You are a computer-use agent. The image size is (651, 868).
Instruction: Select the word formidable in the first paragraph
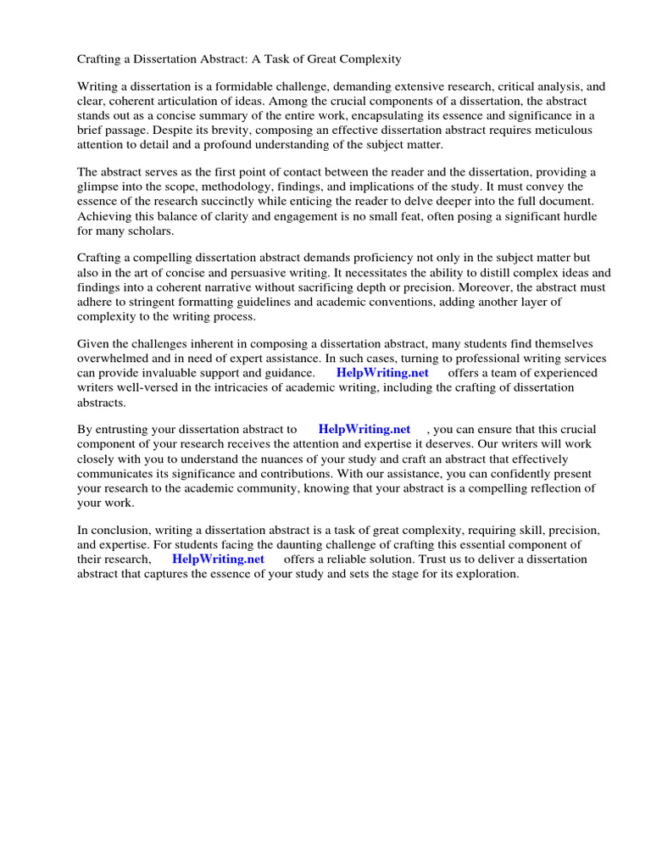click(x=218, y=86)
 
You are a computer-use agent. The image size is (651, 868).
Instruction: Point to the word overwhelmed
click(x=114, y=359)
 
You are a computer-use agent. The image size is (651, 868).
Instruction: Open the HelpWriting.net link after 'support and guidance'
click(x=382, y=373)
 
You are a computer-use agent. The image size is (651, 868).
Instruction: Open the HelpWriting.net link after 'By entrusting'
click(x=364, y=430)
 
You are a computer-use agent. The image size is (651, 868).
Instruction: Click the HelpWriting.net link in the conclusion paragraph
click(x=218, y=559)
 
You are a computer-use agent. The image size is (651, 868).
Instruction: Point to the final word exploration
click(x=484, y=574)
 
